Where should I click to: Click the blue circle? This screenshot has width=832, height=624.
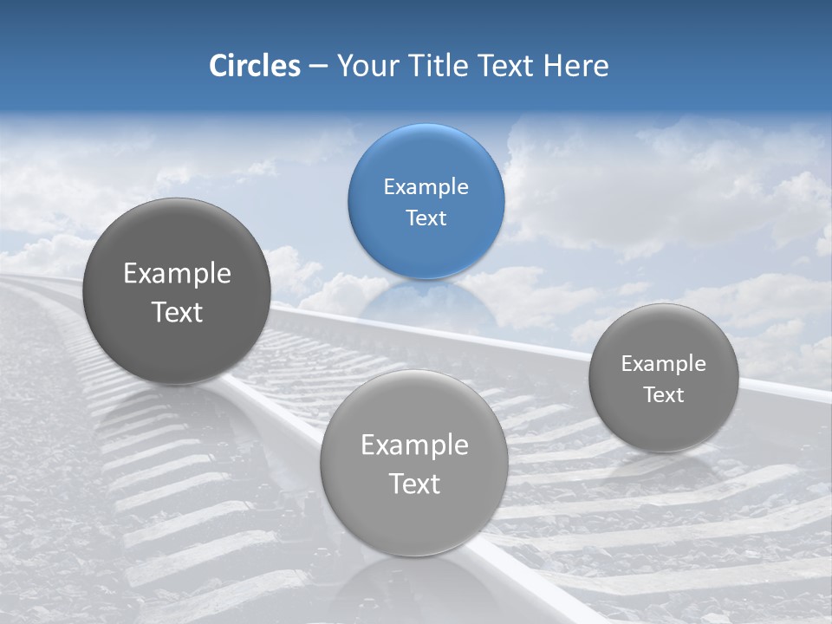(426, 201)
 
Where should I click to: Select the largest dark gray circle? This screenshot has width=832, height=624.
(177, 291)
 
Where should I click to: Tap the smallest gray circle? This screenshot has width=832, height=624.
(664, 378)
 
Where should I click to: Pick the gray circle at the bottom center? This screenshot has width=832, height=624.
(414, 463)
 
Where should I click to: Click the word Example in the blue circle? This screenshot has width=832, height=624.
(426, 187)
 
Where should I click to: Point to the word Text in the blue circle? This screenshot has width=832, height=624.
(426, 218)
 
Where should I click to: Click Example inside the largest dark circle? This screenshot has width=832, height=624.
(177, 274)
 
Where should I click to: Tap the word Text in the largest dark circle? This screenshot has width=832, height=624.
(177, 312)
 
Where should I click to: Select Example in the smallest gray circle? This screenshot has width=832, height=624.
(664, 364)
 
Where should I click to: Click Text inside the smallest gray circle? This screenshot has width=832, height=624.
(664, 395)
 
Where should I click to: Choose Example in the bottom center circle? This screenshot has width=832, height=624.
(414, 445)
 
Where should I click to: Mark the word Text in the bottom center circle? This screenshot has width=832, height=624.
(414, 484)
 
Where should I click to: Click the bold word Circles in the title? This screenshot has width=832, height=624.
(254, 66)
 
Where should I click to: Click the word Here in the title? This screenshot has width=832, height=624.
(576, 66)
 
